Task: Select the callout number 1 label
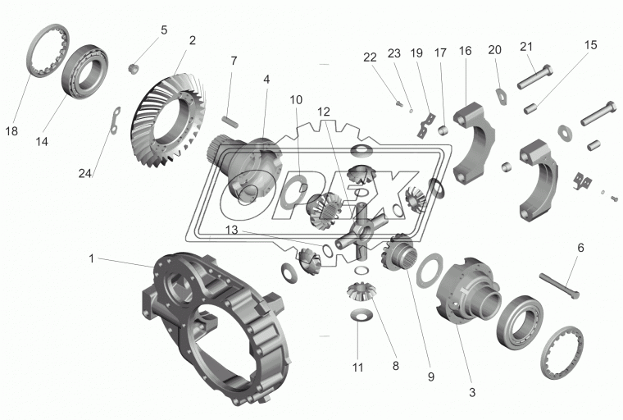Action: (92, 258)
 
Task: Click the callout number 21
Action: (525, 47)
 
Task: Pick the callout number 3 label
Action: (472, 393)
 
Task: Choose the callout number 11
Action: (357, 367)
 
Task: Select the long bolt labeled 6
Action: (559, 286)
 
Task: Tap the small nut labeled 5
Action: (134, 67)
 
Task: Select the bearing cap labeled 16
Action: (471, 144)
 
